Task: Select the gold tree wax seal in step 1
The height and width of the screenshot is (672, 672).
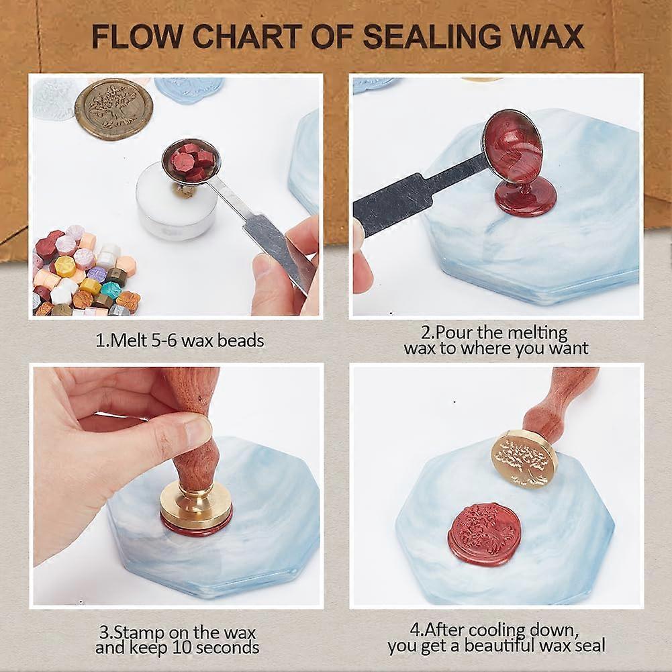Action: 113,109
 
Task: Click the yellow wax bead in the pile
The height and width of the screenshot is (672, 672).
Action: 65,266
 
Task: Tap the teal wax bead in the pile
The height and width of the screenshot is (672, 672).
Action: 110,289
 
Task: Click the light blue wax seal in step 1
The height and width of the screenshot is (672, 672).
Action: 189,89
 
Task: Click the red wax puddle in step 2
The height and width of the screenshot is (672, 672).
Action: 525,197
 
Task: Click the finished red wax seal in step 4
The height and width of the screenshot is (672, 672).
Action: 484,534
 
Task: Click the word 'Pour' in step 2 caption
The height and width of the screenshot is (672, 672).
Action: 454,332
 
